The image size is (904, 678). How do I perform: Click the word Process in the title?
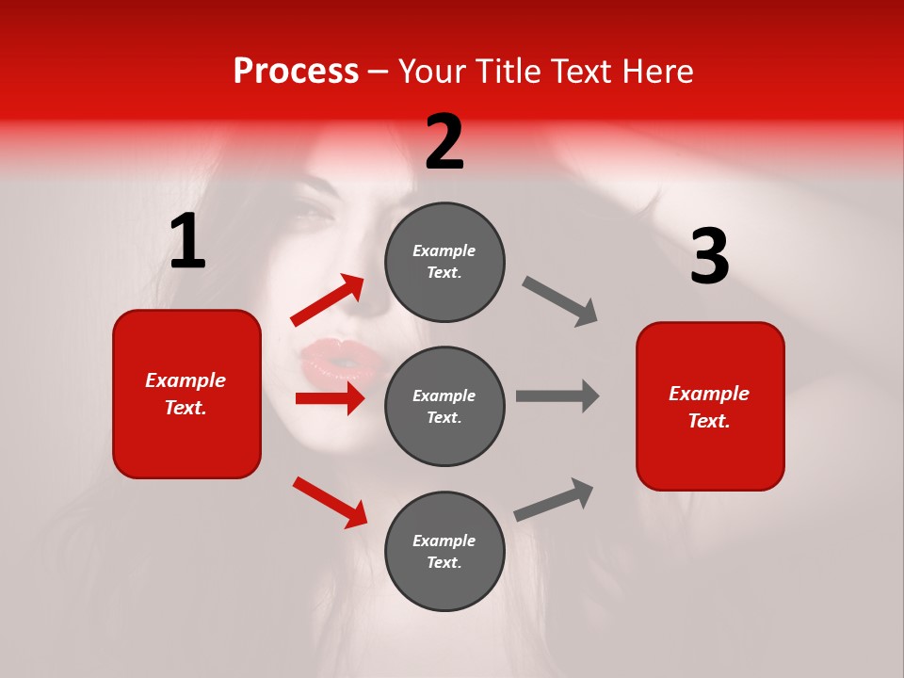click(x=296, y=72)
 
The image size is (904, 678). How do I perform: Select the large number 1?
click(x=187, y=242)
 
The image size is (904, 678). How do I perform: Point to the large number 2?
click(x=444, y=142)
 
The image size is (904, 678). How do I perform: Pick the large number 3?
click(x=709, y=256)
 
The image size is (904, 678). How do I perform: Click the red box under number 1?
click(x=186, y=394)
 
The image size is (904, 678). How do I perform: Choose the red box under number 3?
click(x=710, y=406)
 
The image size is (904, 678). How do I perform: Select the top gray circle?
click(x=444, y=262)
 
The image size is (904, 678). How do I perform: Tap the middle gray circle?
click(x=444, y=406)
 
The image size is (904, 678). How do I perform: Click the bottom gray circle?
click(x=444, y=551)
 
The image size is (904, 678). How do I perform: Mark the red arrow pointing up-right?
click(x=328, y=300)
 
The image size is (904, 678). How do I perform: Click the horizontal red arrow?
click(x=330, y=398)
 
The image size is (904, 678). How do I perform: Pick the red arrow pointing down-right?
click(x=330, y=502)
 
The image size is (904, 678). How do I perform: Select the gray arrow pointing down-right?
click(x=560, y=301)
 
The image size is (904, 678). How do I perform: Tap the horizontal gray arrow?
click(x=557, y=395)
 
